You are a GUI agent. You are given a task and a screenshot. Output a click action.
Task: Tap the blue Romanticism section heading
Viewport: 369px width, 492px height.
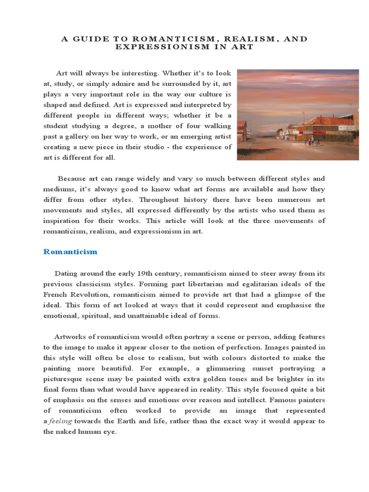[70, 252]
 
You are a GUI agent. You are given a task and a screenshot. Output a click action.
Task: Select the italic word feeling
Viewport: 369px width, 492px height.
[62, 421]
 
